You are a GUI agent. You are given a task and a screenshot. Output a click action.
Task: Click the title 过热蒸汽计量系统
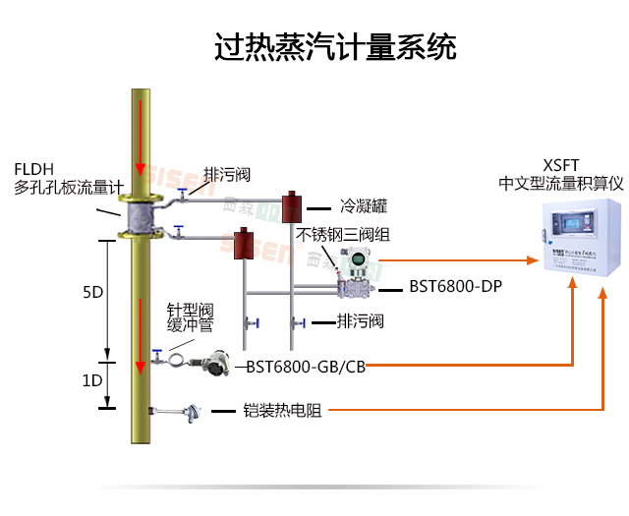[x=335, y=46]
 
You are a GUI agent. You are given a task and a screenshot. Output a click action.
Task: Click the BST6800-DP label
[x=455, y=288]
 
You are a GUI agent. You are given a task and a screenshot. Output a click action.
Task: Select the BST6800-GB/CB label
[x=306, y=366]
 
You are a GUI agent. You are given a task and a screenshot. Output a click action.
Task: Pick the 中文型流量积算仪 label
[x=561, y=183]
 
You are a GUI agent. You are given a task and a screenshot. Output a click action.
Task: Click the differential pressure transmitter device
[x=350, y=274]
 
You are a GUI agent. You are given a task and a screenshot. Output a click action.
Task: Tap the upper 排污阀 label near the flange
[x=227, y=175]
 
